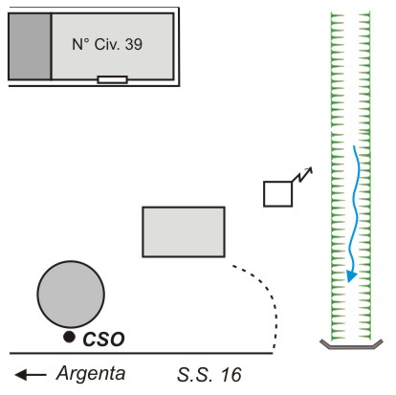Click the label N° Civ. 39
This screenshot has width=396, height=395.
[x=107, y=44]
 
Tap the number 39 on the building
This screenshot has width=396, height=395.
[x=134, y=44]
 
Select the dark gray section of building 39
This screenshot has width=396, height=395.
[x=30, y=46]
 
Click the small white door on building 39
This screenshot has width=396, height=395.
[x=113, y=79]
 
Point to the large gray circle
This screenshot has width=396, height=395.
[x=71, y=295]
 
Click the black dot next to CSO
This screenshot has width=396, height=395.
[x=69, y=337]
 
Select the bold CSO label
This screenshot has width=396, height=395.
[x=103, y=340]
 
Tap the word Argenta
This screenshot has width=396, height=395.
[x=91, y=373]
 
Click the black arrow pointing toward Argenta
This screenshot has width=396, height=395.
[x=31, y=375]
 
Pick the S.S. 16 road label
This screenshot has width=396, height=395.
[x=209, y=375]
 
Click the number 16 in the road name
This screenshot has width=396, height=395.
[x=231, y=375]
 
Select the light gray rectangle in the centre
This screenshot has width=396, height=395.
[x=184, y=231]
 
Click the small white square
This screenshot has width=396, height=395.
[x=278, y=194]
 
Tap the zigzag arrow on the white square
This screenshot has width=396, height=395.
[x=302, y=175]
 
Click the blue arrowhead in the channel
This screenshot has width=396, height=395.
[x=351, y=275]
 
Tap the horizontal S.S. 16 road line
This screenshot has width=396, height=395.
[x=142, y=353]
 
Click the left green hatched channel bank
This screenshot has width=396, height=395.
[x=338, y=176]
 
